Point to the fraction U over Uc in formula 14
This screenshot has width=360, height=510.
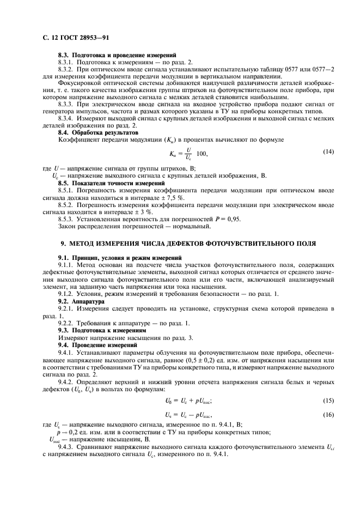point(189,154)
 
